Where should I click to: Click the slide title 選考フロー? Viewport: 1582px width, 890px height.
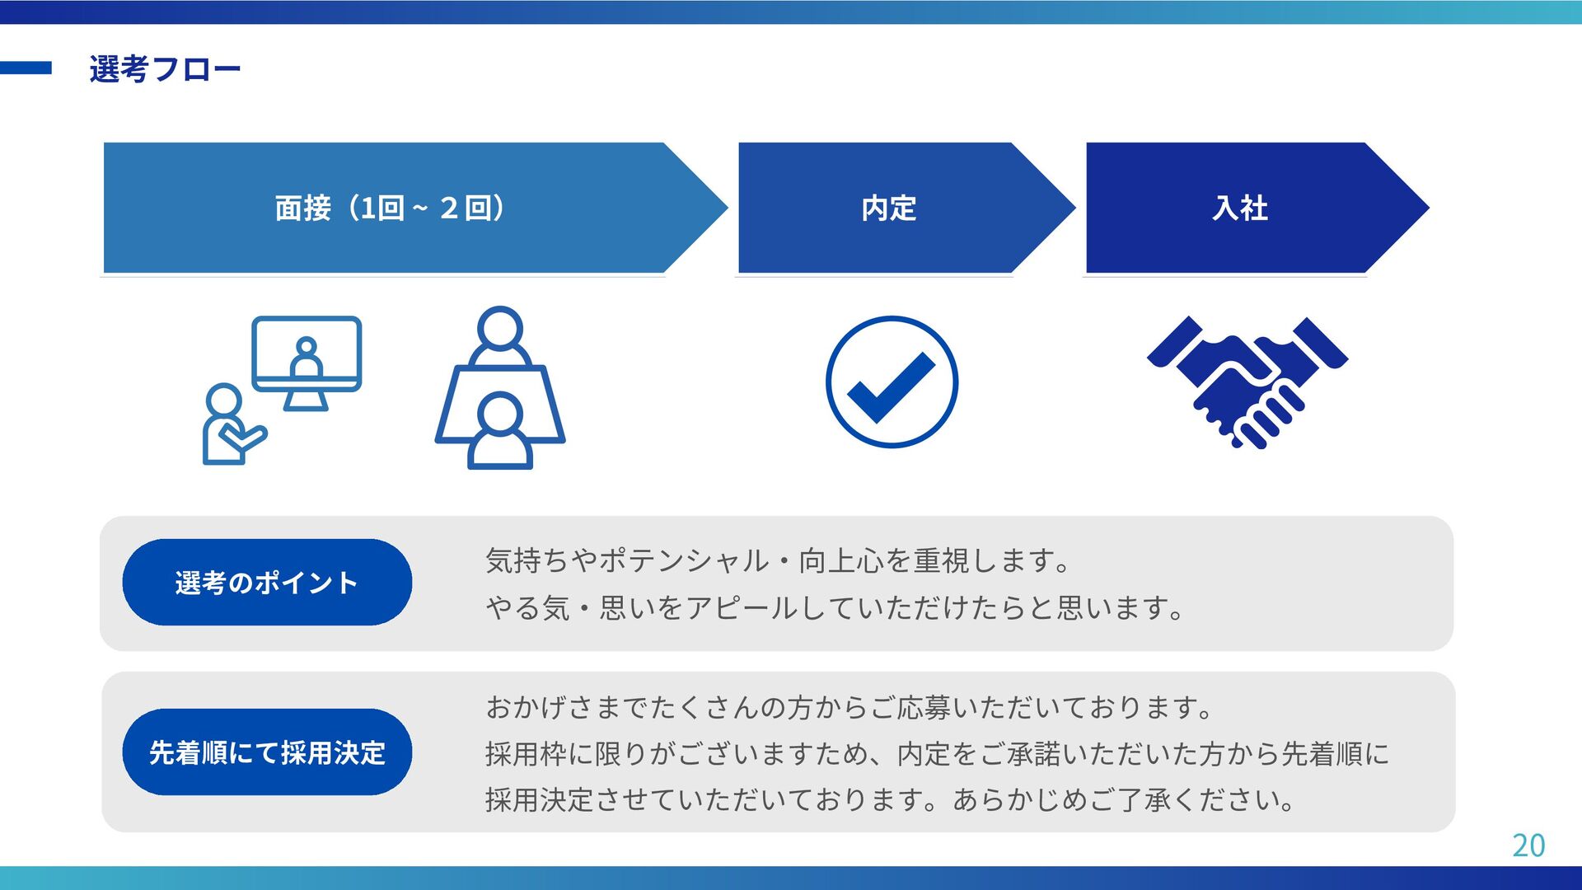[165, 69]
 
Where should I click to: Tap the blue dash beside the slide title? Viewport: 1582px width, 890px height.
[26, 68]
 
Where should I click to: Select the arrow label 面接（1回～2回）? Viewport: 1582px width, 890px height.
[390, 208]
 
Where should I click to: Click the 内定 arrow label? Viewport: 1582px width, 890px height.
[888, 208]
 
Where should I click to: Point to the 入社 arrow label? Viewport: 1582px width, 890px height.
[1239, 208]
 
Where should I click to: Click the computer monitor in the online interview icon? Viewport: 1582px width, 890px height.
[307, 354]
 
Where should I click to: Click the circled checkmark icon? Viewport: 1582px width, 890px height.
[892, 382]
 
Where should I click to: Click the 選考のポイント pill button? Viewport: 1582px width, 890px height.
[267, 583]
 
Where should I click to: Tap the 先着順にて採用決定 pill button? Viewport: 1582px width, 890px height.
[267, 752]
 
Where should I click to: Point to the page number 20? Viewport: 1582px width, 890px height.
[1528, 845]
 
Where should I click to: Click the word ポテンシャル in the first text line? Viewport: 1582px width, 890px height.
[684, 561]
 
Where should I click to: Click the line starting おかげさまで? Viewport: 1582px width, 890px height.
[849, 707]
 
